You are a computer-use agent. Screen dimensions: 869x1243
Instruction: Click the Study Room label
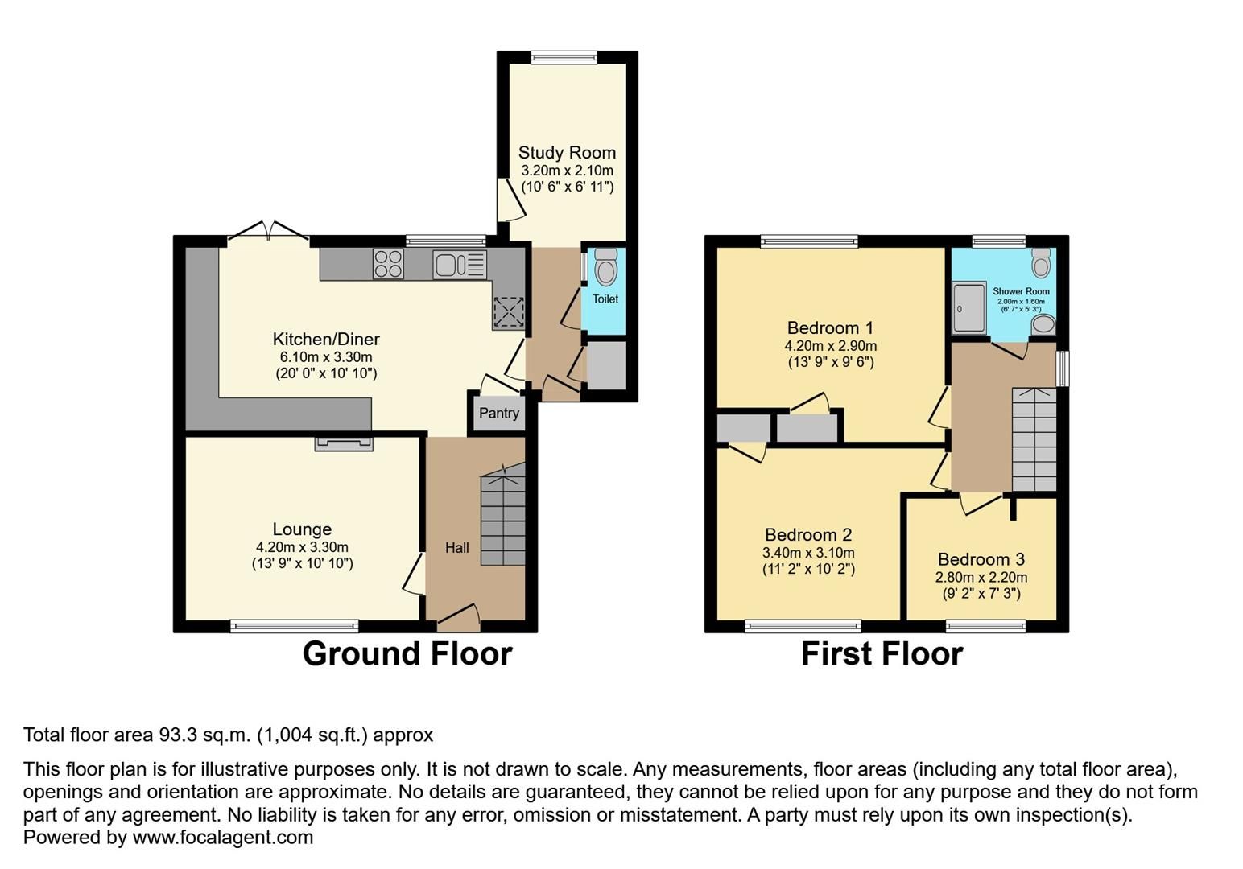567,152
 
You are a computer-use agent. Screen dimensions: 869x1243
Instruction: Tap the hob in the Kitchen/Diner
388,264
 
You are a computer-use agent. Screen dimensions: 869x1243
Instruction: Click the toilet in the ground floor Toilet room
605,267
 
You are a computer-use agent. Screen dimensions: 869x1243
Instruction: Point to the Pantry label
498,413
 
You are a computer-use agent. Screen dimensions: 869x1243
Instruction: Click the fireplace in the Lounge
344,443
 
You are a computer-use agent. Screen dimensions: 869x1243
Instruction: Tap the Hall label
456,548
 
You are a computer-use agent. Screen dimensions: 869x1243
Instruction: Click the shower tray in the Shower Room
968,307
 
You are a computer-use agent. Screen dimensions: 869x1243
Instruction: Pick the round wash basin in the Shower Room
1043,325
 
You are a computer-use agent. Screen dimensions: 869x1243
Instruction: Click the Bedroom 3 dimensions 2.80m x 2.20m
981,577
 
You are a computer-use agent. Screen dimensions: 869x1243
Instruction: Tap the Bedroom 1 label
830,327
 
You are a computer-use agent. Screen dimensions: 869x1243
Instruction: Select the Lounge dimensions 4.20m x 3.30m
302,547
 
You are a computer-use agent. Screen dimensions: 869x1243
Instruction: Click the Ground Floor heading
407,653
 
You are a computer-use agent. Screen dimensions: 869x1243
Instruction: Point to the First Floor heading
882,653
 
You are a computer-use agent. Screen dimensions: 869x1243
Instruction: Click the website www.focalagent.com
222,837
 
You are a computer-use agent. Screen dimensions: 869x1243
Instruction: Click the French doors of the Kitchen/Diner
268,233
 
